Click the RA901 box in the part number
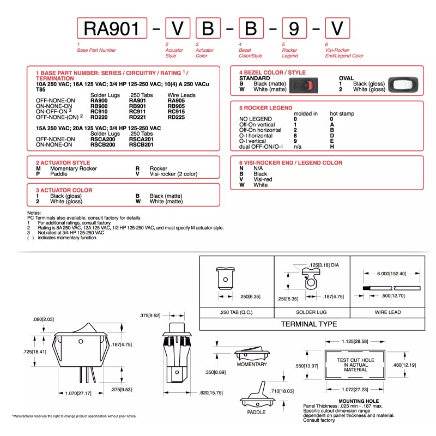[112, 28]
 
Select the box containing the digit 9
[294, 28]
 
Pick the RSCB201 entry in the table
[141, 144]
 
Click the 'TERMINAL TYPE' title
[309, 324]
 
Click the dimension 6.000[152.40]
[391, 274]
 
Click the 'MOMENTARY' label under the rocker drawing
[251, 364]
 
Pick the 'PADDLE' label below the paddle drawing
[256, 412]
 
